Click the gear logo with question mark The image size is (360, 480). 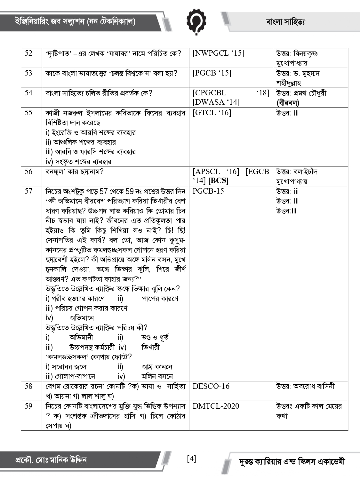coord(196,21)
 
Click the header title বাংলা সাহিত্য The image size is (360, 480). coord(285,22)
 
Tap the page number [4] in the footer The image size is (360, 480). coord(191,459)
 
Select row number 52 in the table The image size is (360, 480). coord(28,53)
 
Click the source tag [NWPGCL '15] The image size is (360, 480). coord(218,53)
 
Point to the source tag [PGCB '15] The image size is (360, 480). coord(212,73)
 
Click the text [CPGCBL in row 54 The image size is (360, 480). coord(209,93)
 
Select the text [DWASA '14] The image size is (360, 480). coord(216,102)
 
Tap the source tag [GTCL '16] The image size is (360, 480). coord(212,113)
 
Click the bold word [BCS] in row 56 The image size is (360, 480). coord(218,181)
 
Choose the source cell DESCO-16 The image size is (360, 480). coord(211,386)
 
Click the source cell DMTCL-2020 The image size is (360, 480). coord(216,406)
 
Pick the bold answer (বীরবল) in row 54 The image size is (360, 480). coord(288,103)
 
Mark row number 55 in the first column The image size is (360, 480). coord(28,113)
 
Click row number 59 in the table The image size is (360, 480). coord(28,406)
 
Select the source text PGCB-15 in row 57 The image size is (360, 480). coord(208,191)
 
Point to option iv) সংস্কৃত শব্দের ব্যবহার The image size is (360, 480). coord(78,162)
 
